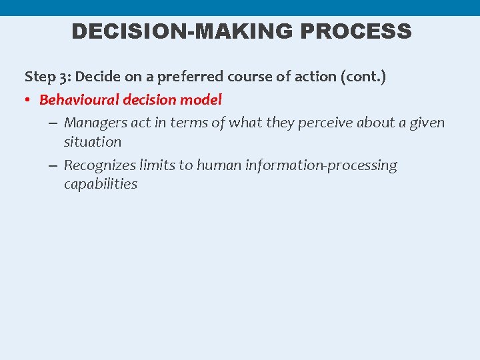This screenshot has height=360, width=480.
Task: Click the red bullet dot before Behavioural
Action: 29,101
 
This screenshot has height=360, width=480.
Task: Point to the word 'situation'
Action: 93,141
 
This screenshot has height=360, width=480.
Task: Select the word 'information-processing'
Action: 321,165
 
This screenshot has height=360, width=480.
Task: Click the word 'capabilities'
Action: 101,184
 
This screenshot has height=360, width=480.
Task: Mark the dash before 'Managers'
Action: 53,123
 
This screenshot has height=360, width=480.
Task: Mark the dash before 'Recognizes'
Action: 53,166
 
